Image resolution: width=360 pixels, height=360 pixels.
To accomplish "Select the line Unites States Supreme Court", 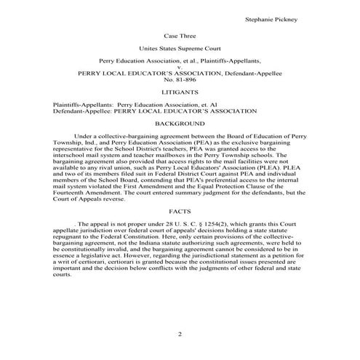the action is pos(180,49).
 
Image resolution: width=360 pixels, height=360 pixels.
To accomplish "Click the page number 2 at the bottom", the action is pos(180,334).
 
